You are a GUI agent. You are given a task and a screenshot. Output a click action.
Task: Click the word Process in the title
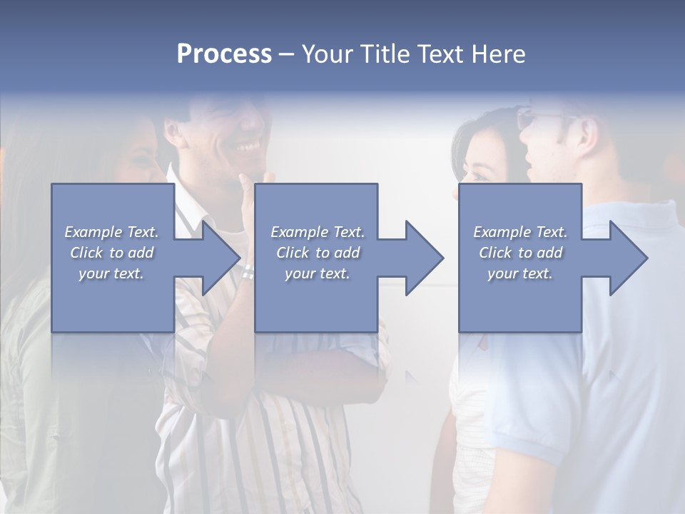(224, 54)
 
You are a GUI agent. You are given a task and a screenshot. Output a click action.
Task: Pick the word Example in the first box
(93, 232)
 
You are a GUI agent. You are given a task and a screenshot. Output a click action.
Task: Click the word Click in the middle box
(292, 253)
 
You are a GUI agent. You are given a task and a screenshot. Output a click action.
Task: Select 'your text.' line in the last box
(520, 273)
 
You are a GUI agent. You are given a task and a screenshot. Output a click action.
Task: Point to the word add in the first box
(141, 253)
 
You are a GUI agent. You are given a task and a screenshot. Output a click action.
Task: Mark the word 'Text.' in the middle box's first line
(347, 232)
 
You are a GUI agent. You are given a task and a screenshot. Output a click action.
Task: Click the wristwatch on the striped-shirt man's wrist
(248, 272)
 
